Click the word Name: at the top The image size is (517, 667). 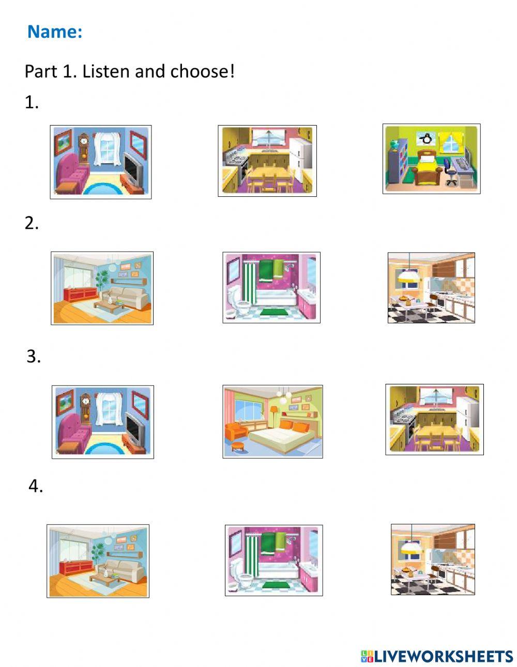[x=55, y=32]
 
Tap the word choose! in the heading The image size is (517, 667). [x=202, y=71]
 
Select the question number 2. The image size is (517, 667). [x=32, y=223]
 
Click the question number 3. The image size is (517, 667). [x=34, y=356]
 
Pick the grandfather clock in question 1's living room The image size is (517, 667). [x=84, y=149]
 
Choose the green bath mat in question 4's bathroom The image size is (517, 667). [x=276, y=585]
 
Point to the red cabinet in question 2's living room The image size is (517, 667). [x=81, y=294]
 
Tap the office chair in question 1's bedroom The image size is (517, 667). [x=450, y=173]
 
